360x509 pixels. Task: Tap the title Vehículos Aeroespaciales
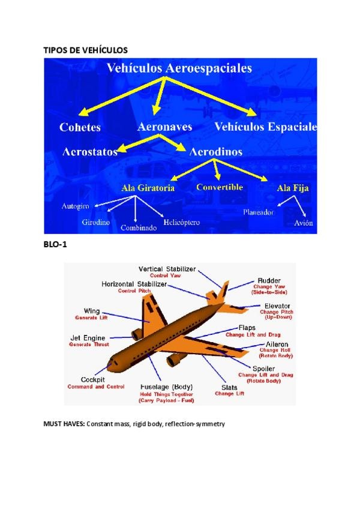[179, 68]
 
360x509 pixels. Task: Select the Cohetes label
[80, 127]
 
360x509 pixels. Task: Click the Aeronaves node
[164, 127]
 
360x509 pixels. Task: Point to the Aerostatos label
[90, 152]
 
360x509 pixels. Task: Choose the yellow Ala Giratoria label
[148, 188]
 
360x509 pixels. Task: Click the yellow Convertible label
[220, 187]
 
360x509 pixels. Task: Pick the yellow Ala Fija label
[293, 188]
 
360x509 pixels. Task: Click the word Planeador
[259, 212]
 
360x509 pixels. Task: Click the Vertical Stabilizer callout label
[167, 269]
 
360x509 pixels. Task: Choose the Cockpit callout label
[93, 380]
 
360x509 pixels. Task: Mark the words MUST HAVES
[64, 424]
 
